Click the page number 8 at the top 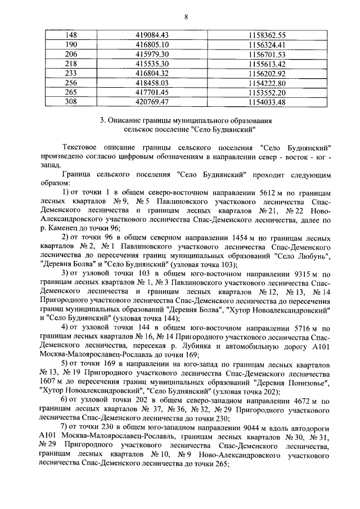pyautogui.click(x=186, y=17)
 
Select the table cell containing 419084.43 pyautogui.click(x=152, y=35)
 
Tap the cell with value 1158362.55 pyautogui.click(x=267, y=35)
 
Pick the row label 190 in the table pyautogui.click(x=71, y=44)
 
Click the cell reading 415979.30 pyautogui.click(x=152, y=55)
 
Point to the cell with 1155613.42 pyautogui.click(x=267, y=64)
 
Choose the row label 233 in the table pyautogui.click(x=71, y=74)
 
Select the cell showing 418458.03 pyautogui.click(x=152, y=83)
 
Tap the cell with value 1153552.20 pyautogui.click(x=267, y=93)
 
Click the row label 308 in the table pyautogui.click(x=71, y=102)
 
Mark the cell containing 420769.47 pyautogui.click(x=152, y=102)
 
